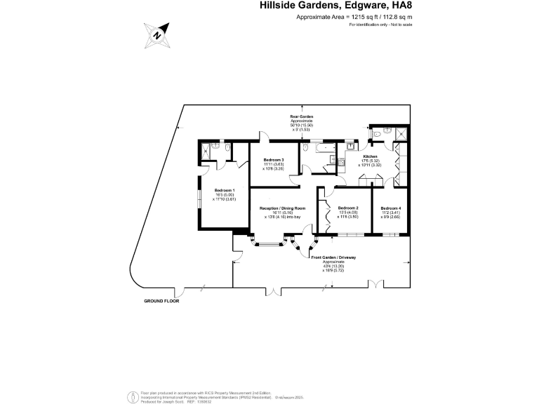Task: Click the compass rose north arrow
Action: coord(157,34)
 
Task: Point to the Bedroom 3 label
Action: coord(273,161)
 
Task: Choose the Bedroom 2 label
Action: coord(348,208)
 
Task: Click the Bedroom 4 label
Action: coord(391,208)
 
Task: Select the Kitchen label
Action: coord(371,156)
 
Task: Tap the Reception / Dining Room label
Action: coord(283,208)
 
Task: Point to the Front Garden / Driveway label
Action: coord(333,258)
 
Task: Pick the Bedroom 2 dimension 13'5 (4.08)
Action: coord(348,213)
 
